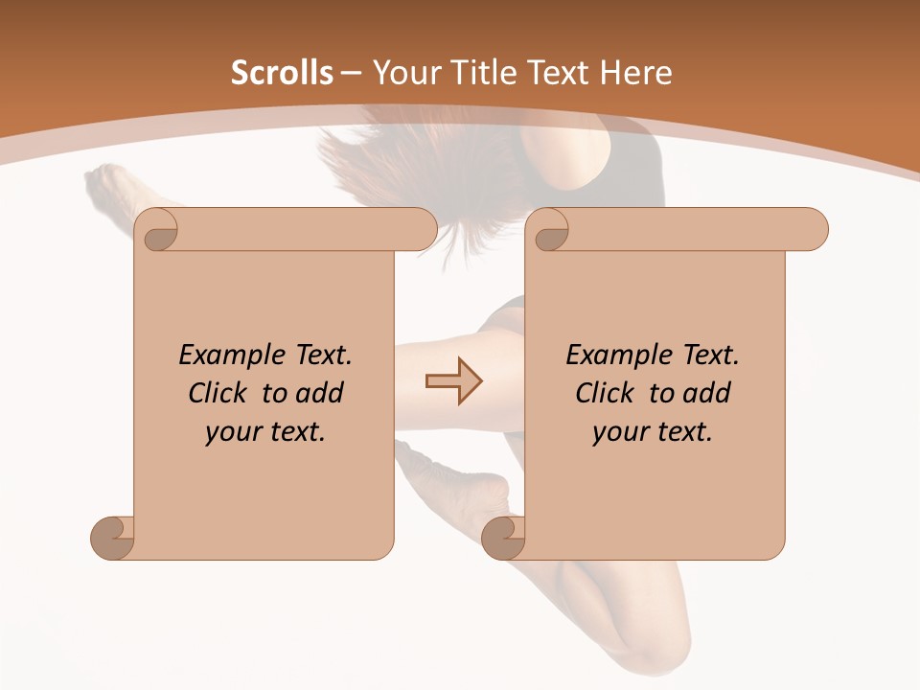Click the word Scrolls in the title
click(x=282, y=73)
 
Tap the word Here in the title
click(x=635, y=73)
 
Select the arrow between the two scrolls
click(x=453, y=380)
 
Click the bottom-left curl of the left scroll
click(x=113, y=538)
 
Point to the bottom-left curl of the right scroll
click(x=503, y=538)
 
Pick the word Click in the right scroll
click(x=605, y=393)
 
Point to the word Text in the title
click(x=562, y=73)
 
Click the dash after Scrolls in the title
click(x=353, y=74)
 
